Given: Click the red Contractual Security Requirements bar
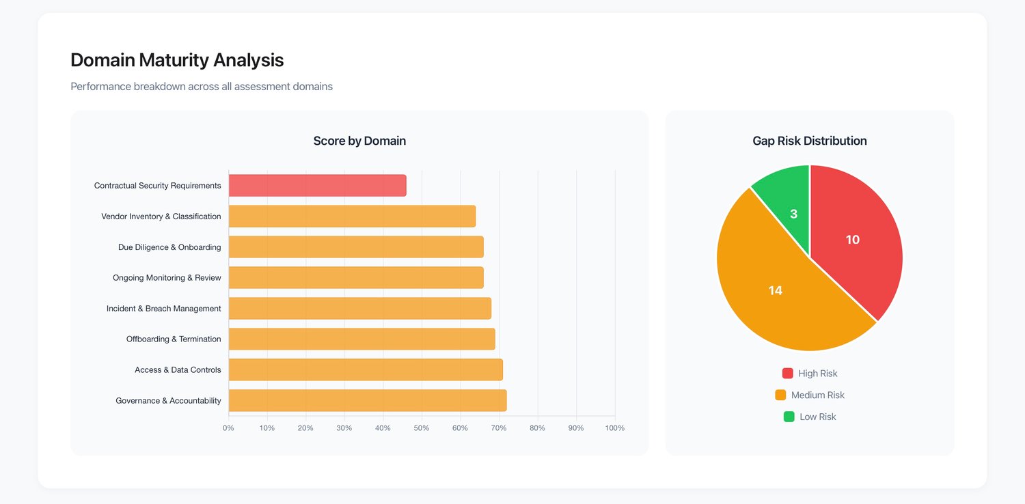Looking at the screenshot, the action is (x=318, y=186).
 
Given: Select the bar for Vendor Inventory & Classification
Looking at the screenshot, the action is (x=353, y=216).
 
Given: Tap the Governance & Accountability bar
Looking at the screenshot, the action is (x=368, y=401).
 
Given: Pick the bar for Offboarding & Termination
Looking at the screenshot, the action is (x=362, y=339).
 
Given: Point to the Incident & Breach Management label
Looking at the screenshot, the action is (x=164, y=309).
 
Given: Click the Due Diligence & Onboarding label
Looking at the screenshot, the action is (x=169, y=247).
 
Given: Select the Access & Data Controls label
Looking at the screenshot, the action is (x=178, y=370).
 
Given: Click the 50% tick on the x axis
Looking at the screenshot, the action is (x=422, y=428).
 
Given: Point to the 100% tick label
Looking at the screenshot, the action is (x=614, y=428).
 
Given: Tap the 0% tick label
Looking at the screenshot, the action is (x=228, y=428).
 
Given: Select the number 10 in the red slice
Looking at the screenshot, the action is (x=853, y=240).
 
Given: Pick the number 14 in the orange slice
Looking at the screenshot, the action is (x=775, y=290).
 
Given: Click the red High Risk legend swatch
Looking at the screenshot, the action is (x=787, y=373).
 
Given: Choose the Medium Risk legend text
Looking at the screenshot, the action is (x=818, y=395).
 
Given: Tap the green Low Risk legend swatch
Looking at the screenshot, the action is (x=789, y=417).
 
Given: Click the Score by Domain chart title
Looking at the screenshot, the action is (x=359, y=141).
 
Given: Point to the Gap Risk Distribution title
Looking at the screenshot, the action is (x=810, y=141).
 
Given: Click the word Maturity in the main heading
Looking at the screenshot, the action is (x=174, y=60).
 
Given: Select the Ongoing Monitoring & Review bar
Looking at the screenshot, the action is (x=356, y=278).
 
